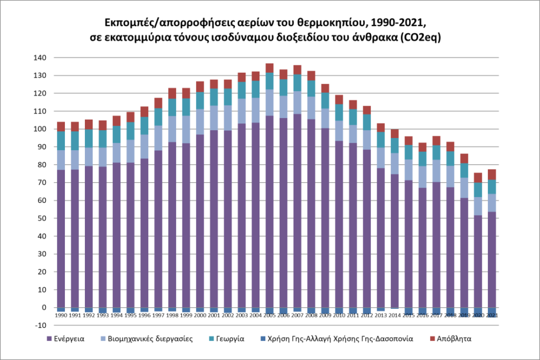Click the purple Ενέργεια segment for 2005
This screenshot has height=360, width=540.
[269, 211]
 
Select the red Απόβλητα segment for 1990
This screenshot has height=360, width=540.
[61, 127]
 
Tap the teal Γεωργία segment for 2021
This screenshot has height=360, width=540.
[491, 187]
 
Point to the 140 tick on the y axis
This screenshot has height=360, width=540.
[41, 57]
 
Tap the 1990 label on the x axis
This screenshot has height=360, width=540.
[61, 315]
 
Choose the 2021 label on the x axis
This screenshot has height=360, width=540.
[491, 315]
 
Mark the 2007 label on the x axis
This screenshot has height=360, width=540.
[297, 315]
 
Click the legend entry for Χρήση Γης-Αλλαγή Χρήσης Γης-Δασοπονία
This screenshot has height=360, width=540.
[341, 339]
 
